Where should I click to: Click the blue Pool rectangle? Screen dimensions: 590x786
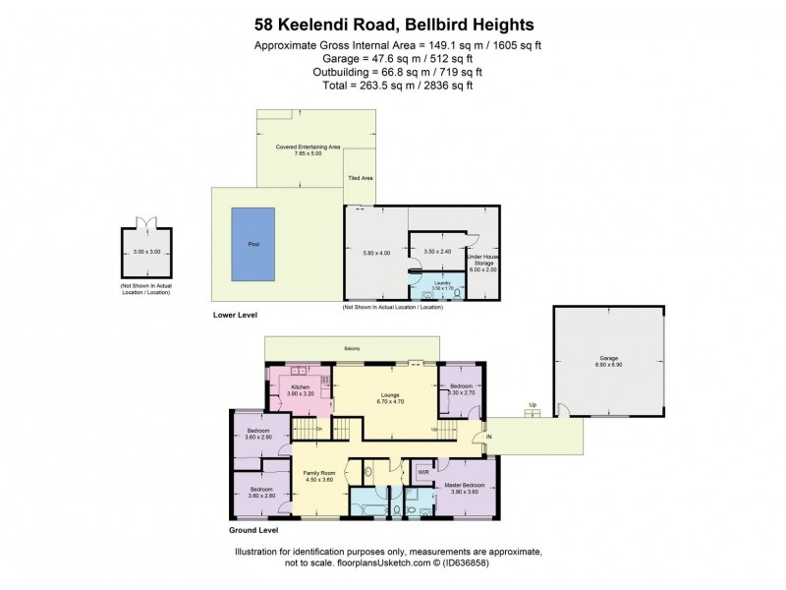click(x=253, y=243)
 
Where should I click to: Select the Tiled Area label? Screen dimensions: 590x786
click(x=360, y=179)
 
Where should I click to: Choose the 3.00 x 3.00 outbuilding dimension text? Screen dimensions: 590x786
click(x=144, y=252)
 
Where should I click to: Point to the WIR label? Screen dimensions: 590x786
click(x=423, y=471)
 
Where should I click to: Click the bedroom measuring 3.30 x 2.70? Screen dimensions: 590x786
click(x=461, y=388)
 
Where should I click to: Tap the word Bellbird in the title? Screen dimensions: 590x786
click(x=440, y=25)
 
